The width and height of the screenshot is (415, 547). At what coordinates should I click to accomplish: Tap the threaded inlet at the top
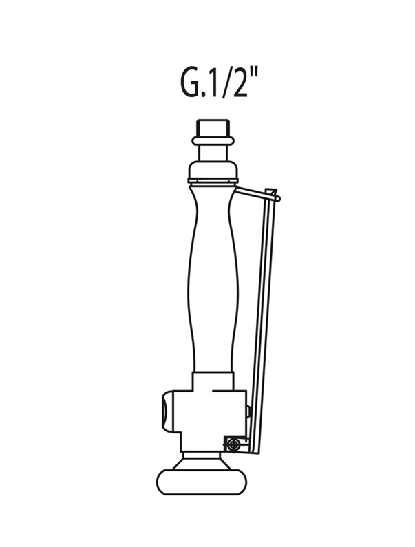coord(213,128)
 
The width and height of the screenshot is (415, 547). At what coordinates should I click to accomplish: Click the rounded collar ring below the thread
coord(213,140)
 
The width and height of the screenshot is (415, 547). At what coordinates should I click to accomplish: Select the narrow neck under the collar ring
coord(213,153)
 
